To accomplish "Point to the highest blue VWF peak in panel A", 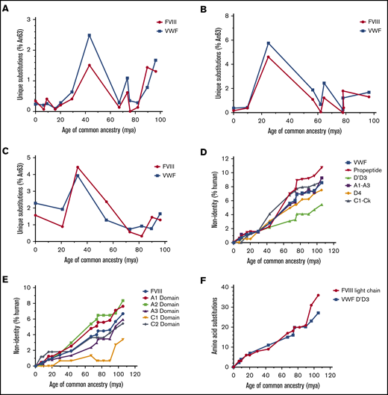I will point(90,35).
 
